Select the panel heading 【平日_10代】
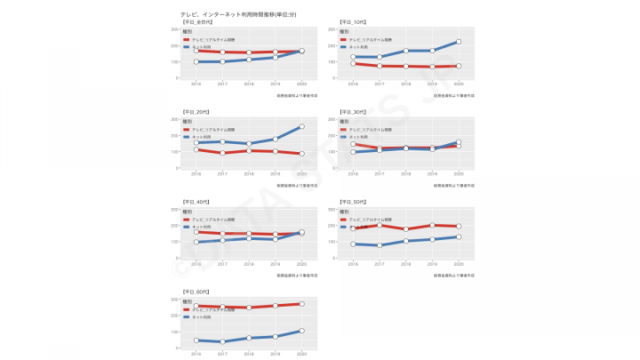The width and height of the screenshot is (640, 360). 352,21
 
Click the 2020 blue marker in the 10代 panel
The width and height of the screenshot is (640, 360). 459,42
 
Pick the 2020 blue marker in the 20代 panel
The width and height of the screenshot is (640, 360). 301,127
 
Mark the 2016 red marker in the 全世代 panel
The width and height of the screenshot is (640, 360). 196,51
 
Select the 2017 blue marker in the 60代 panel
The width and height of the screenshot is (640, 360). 222,341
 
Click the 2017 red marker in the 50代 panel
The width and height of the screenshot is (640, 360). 380,225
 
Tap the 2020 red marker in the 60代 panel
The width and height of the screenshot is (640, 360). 301,304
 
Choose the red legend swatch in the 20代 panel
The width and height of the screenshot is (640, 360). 186,130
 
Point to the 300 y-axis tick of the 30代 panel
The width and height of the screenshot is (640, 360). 332,119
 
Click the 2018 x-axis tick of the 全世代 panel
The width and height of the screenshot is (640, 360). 249,84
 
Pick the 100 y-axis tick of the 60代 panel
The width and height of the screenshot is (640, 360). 174,332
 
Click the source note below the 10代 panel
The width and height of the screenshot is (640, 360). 453,94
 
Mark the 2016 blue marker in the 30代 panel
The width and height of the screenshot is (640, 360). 353,152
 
